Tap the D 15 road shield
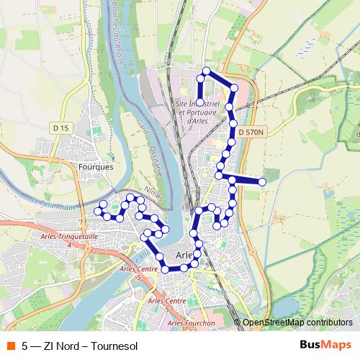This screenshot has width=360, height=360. (x=63, y=127)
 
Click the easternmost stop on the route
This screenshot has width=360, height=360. (x=263, y=182)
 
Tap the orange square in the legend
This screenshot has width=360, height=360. (x=11, y=345)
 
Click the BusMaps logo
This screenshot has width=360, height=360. (x=326, y=344)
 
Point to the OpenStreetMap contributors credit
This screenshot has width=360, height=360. (x=297, y=323)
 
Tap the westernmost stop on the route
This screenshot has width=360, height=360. (x=98, y=211)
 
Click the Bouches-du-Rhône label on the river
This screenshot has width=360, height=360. (x=117, y=32)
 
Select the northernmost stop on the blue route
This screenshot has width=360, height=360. (x=207, y=71)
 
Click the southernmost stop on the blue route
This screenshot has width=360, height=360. (x=166, y=269)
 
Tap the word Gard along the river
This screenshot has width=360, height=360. (x=140, y=128)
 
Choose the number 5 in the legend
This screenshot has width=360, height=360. (x=25, y=345)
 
